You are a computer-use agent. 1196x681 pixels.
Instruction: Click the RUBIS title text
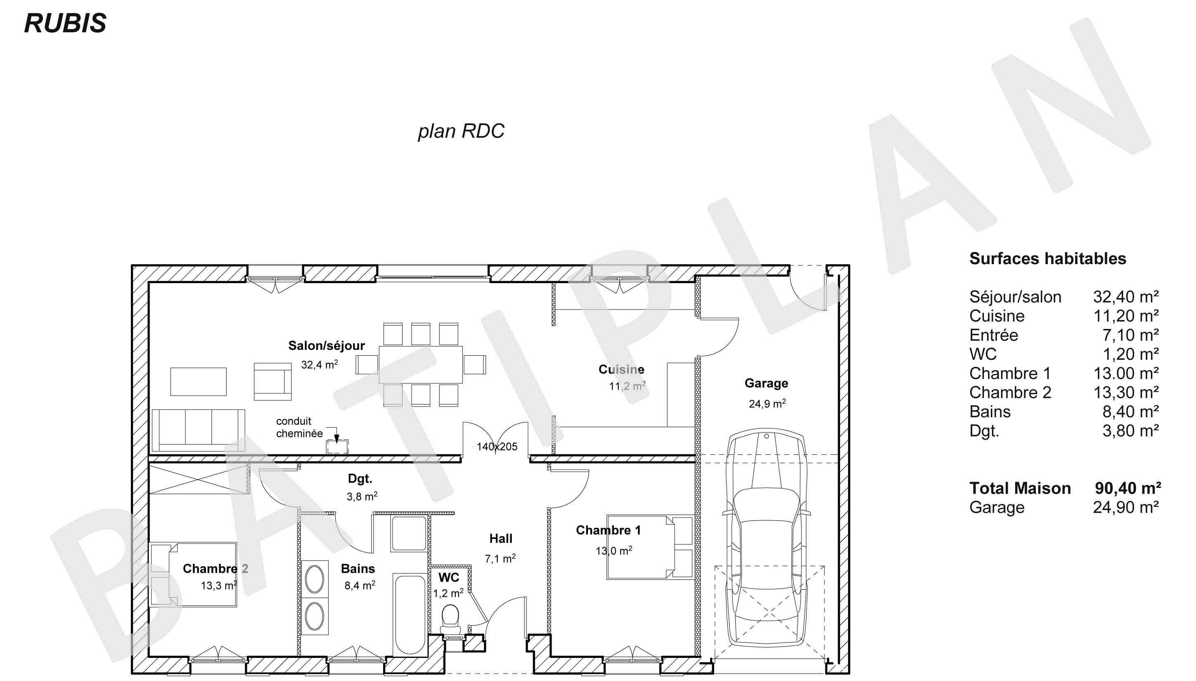[65, 23]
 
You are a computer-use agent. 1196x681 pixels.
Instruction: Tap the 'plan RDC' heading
[461, 131]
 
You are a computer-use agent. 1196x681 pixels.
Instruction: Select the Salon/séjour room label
[326, 345]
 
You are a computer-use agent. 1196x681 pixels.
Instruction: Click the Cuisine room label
[621, 369]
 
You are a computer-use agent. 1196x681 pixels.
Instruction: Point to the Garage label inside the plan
[766, 383]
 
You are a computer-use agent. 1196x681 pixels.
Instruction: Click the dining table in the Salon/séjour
[421, 364]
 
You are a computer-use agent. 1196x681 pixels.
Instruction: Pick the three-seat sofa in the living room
[198, 429]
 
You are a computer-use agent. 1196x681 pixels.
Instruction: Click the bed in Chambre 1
[650, 547]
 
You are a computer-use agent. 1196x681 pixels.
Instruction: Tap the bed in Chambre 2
[193, 575]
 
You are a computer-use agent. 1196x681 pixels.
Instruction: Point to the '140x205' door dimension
[497, 447]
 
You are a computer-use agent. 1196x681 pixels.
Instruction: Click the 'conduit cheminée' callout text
[299, 427]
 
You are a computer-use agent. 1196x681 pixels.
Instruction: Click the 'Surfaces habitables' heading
[1048, 259]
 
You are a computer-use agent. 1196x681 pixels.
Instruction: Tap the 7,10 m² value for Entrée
[1130, 335]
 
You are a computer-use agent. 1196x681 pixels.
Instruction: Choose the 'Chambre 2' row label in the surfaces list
[1010, 393]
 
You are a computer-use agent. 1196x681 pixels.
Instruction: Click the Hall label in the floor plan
[500, 538]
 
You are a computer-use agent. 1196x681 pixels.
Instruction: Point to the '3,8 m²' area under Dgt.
[362, 496]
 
